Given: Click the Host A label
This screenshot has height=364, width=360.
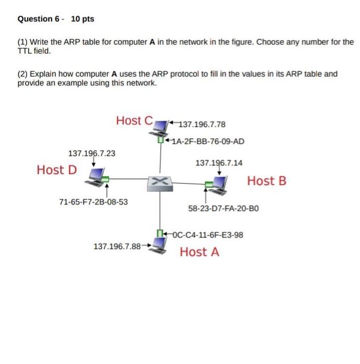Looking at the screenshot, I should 199,252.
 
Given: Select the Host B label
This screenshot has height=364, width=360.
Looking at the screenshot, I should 266,181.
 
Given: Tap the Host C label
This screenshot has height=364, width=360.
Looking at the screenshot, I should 134,121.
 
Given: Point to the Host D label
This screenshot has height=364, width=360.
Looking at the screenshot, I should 57,170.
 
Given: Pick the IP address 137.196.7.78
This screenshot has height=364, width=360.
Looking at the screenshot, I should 202,124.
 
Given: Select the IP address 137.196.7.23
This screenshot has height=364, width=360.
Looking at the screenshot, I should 92,153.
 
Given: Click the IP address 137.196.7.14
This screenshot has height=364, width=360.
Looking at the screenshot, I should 219,163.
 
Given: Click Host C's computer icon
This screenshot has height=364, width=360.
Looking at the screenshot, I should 163,126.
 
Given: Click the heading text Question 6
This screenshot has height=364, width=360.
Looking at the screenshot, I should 38,19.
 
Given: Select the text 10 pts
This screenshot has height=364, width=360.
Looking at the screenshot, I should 83,19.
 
